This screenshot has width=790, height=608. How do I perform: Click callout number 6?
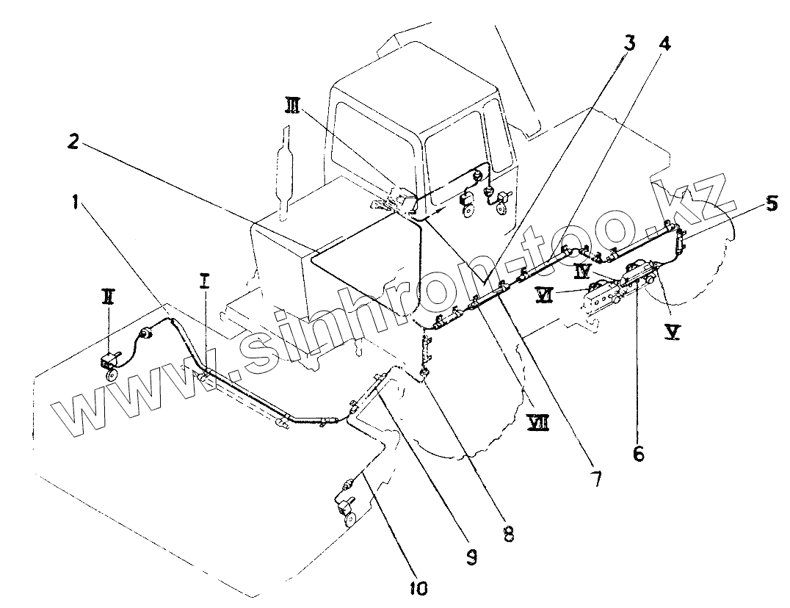coord(638,453)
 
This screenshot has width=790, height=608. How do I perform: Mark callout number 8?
coord(507,533)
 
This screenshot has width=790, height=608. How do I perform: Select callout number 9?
coord(471,558)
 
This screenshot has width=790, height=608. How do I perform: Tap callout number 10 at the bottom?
coord(419,587)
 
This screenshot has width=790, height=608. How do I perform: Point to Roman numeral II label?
coord(108,297)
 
